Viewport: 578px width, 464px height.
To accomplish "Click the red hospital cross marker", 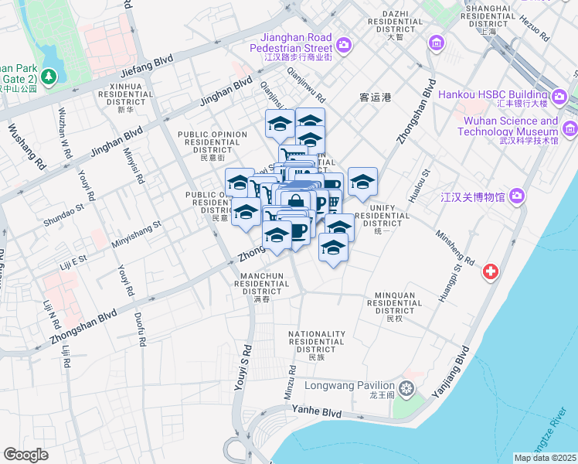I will [490, 271].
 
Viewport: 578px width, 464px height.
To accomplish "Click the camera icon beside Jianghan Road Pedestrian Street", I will [344, 43].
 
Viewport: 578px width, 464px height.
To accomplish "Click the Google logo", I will [26, 454].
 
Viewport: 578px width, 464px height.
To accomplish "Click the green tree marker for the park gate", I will [49, 77].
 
